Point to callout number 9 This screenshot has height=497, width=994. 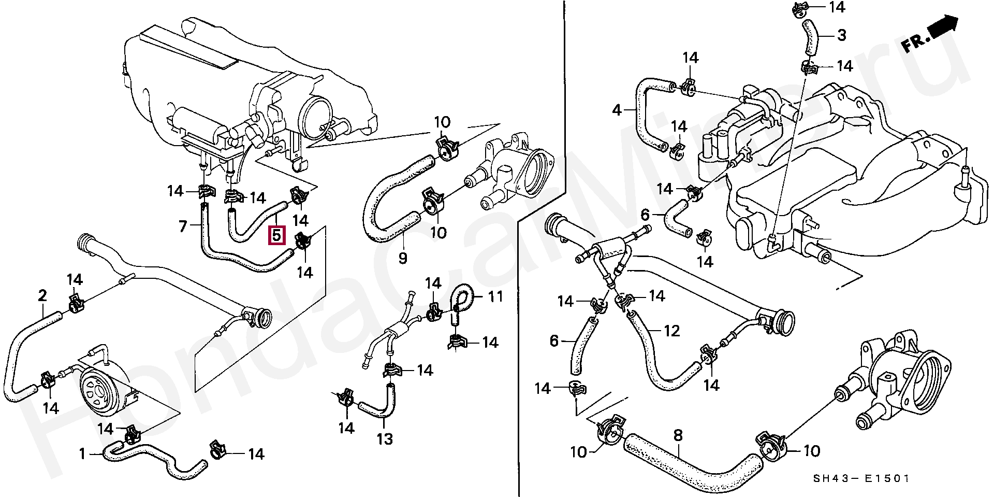pyautogui.click(x=402, y=258)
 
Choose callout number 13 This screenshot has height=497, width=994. pyautogui.click(x=385, y=439)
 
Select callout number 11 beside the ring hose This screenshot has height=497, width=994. pyautogui.click(x=495, y=297)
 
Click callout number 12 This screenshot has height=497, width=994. pyautogui.click(x=671, y=330)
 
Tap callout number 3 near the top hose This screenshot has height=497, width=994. pyautogui.click(x=841, y=35)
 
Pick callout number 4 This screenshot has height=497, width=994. pyautogui.click(x=616, y=110)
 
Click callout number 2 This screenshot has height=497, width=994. pyautogui.click(x=42, y=295)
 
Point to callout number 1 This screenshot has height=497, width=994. pyautogui.click(x=82, y=455)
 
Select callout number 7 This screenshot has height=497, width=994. pyautogui.click(x=182, y=226)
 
